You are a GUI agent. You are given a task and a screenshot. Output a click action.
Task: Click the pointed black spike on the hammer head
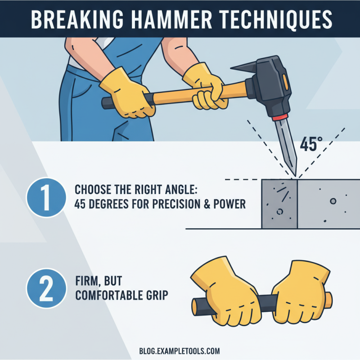pos(243,68)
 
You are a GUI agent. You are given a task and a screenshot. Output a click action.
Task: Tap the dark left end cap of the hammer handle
pos(107,103)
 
